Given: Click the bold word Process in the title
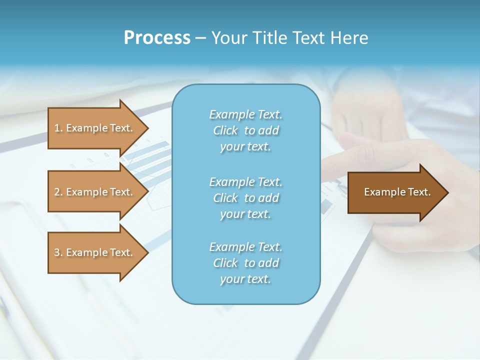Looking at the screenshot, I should (157, 38).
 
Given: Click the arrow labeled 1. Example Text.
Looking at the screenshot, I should (95, 128).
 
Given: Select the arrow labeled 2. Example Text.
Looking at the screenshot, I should (95, 192).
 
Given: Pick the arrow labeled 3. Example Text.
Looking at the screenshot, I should (95, 252).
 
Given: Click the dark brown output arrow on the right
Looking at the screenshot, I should (395, 192).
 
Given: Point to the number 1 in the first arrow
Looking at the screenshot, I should (57, 128).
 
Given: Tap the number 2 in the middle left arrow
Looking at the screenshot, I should (57, 192).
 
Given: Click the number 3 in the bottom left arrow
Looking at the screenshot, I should (57, 252).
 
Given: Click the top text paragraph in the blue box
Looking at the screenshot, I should (245, 130).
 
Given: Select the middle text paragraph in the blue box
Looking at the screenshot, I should (245, 198).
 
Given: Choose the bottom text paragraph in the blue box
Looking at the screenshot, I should (245, 263).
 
